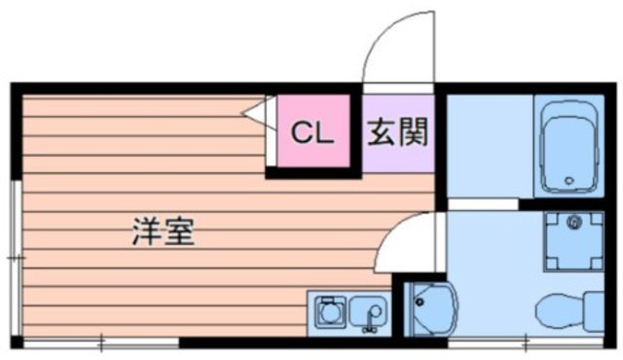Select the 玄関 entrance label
pyautogui.click(x=397, y=131)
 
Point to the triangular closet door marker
pyautogui.click(x=255, y=113)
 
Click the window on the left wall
pyautogui.click(x=14, y=257)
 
